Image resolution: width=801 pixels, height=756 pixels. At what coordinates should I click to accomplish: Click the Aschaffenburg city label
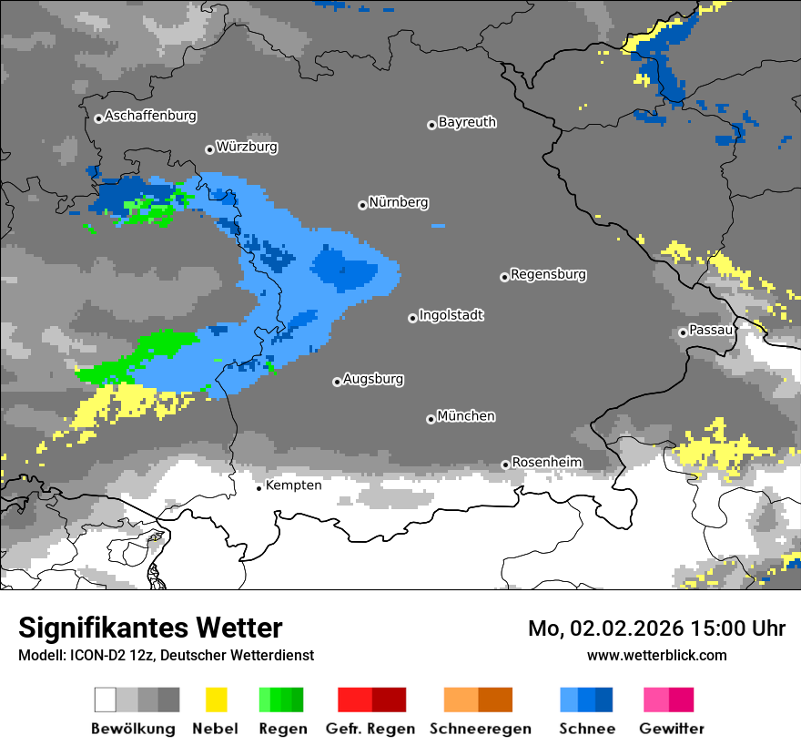(x=150, y=117)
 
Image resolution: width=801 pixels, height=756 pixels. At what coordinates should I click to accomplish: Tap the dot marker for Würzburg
(x=209, y=149)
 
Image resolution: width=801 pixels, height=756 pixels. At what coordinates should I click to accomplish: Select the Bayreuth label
(x=467, y=122)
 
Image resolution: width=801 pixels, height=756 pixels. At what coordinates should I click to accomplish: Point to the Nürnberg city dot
(x=362, y=205)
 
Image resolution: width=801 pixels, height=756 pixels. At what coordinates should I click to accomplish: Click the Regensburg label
(x=548, y=274)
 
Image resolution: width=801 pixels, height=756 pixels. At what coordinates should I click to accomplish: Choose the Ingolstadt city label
(x=451, y=315)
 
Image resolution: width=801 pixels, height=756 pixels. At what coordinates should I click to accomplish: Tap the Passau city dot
(x=683, y=332)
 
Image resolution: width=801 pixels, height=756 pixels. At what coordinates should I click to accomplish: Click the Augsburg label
(x=373, y=379)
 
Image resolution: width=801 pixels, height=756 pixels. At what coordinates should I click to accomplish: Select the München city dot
(x=431, y=419)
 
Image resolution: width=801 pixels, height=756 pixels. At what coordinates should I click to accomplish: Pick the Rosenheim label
(x=546, y=463)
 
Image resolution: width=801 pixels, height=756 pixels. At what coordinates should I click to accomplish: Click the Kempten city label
(x=293, y=485)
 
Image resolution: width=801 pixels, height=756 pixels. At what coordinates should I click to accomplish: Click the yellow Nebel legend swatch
(x=216, y=700)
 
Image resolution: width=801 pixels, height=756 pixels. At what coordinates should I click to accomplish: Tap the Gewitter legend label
(x=671, y=729)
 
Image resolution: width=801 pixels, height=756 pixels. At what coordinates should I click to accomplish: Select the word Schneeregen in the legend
(x=481, y=729)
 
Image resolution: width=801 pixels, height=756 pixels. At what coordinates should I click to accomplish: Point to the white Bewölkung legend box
(x=106, y=700)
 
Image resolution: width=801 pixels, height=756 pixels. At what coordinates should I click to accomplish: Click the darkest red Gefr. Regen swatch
(x=389, y=700)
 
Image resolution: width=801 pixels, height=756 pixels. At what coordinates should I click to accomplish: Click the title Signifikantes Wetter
(x=150, y=628)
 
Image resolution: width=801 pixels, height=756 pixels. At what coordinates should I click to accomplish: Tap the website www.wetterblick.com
(x=656, y=655)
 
